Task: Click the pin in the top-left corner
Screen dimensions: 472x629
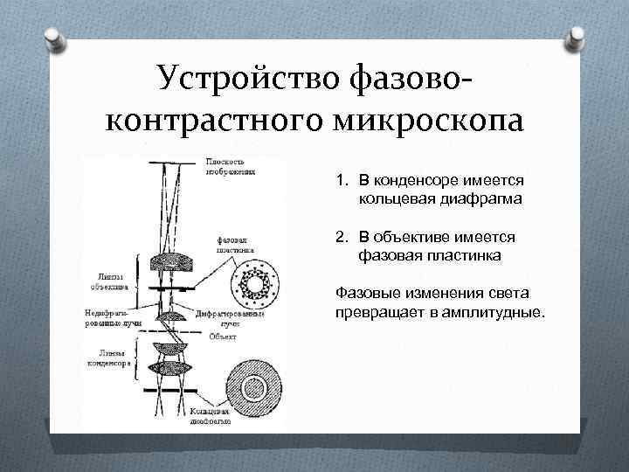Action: (53, 38)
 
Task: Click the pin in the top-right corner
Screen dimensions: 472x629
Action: (577, 38)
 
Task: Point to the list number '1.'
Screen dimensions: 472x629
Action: (342, 181)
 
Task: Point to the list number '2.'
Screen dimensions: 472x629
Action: (342, 237)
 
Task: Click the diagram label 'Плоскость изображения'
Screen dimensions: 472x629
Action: (230, 166)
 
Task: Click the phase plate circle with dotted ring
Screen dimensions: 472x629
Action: (258, 283)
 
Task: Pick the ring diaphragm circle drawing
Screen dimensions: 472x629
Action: (258, 386)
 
